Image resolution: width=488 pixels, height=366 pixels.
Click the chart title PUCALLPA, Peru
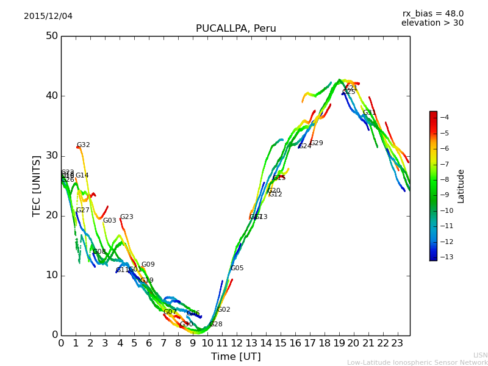[235, 29]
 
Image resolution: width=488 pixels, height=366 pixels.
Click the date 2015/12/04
[48, 16]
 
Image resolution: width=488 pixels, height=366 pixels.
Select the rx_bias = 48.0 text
[432, 13]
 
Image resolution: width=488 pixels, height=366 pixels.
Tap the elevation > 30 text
[432, 23]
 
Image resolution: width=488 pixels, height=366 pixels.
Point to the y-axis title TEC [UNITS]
[37, 185]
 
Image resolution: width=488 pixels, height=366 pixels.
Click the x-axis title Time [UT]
[235, 357]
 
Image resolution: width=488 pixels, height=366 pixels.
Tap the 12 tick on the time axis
[237, 343]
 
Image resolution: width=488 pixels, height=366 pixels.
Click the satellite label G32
[84, 145]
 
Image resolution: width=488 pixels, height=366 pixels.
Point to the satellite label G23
[127, 217]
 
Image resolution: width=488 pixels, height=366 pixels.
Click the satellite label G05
[237, 268]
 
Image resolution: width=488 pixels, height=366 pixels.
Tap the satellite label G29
[317, 143]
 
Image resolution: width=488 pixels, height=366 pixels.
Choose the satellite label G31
[370, 113]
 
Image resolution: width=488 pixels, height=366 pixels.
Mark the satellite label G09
[148, 265]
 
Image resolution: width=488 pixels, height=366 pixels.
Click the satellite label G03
[110, 221]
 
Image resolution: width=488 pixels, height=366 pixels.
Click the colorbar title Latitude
[461, 186]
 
